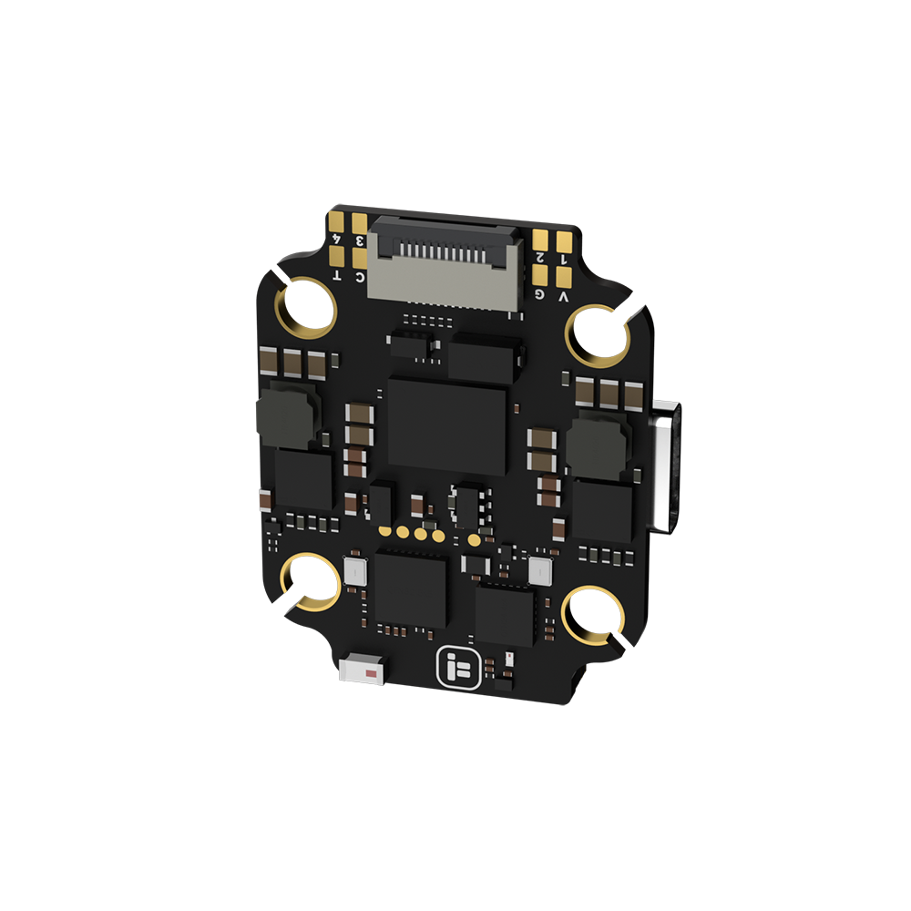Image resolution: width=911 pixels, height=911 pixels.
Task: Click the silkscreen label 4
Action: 337,239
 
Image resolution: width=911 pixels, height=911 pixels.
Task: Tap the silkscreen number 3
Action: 360,241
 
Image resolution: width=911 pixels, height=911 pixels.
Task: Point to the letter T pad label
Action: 337,275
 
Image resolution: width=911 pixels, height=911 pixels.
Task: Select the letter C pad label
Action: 360,277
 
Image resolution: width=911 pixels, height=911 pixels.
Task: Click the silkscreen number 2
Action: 540,258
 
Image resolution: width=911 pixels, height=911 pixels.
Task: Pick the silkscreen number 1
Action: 563,261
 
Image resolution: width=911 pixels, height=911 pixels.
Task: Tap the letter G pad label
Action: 539,294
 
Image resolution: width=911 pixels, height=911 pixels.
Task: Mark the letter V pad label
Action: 563,297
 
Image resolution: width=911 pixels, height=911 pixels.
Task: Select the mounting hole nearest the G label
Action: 599,335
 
